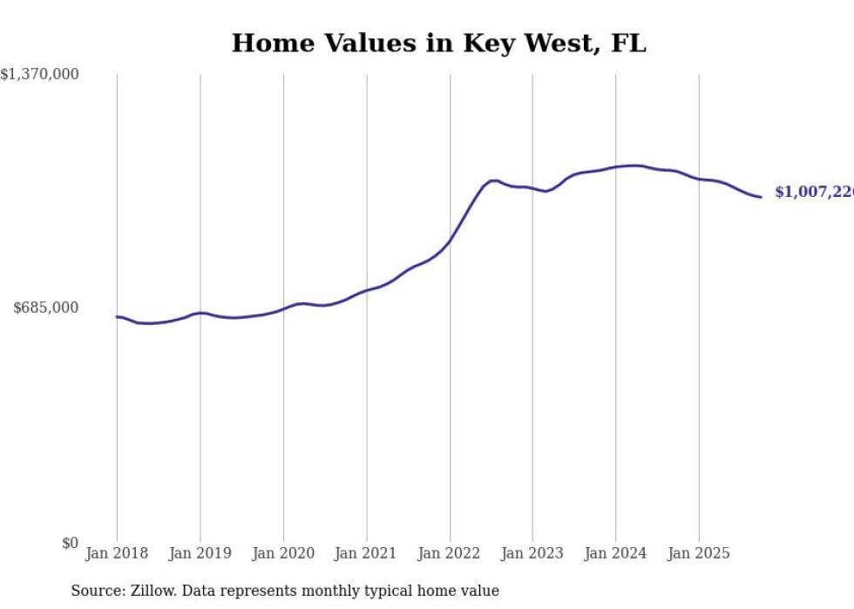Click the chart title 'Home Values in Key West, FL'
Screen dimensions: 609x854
[438, 43]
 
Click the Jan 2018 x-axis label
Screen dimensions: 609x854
[117, 553]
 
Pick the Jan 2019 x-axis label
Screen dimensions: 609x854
[200, 553]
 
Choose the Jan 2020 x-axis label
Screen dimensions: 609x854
[283, 553]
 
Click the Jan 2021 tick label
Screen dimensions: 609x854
[366, 553]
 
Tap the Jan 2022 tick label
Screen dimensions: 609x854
[450, 553]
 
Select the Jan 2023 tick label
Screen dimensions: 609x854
[532, 553]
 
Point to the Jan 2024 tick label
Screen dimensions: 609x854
[616, 553]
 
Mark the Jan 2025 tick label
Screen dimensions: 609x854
[699, 553]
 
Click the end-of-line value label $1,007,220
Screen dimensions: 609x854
[814, 193]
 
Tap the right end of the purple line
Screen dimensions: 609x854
[761, 197]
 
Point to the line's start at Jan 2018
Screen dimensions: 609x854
[118, 317]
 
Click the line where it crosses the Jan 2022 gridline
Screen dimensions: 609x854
[450, 240]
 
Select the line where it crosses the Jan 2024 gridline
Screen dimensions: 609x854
[616, 166]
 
